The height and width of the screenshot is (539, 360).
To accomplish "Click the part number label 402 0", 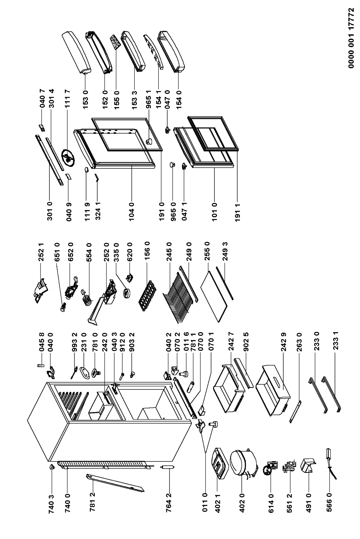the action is [x=242, y=503].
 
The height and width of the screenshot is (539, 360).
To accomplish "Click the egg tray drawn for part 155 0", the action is [x=115, y=42].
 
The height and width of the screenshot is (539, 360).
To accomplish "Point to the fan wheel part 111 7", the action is [x=68, y=158].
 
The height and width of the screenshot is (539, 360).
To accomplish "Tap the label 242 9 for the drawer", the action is [x=284, y=342].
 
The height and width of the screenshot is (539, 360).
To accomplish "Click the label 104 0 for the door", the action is [x=131, y=212].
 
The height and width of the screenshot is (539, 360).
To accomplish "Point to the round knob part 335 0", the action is [x=126, y=294].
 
